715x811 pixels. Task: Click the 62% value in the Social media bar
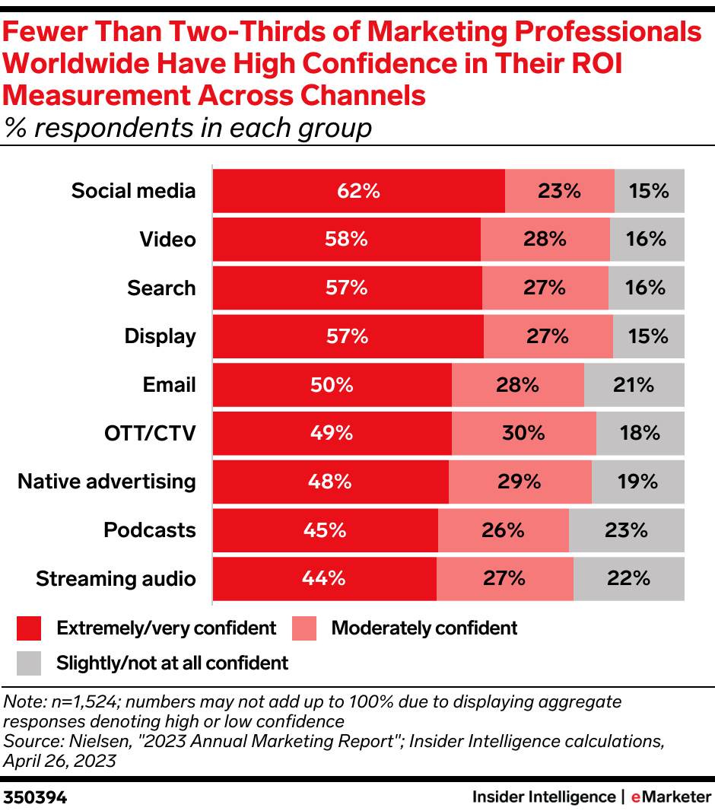358,191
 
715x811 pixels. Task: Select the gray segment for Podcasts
626,530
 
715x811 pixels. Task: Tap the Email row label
169,385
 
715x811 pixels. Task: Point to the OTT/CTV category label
150,434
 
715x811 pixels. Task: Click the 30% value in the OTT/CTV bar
523,434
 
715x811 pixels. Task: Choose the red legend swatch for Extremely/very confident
28,628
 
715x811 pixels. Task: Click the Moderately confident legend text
424,628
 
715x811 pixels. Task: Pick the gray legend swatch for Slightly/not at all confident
28,663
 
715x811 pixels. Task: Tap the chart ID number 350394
35,797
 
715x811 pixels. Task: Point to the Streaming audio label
116,579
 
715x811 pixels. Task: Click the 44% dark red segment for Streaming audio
325,579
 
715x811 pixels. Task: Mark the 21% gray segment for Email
634,385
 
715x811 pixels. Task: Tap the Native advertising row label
106,482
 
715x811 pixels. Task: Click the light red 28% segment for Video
545,240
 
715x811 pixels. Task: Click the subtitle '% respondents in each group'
188,128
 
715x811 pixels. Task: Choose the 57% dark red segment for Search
348,288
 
